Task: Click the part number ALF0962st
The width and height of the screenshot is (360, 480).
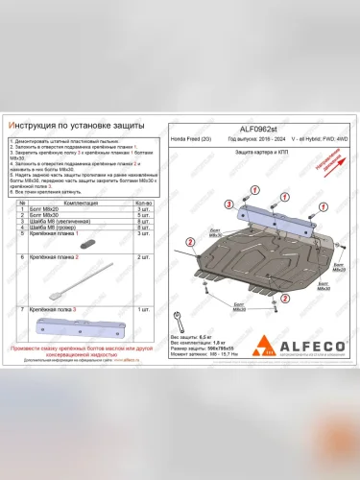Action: (x=252, y=129)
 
